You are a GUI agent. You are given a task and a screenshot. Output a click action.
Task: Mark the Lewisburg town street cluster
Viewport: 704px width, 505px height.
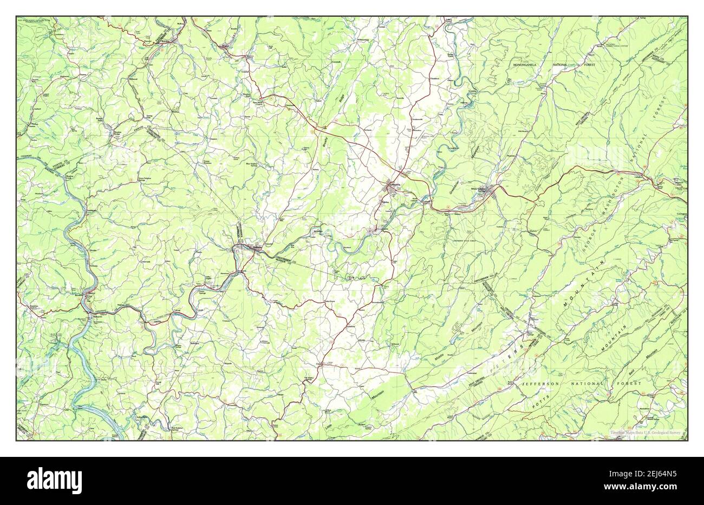pos(391,188)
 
